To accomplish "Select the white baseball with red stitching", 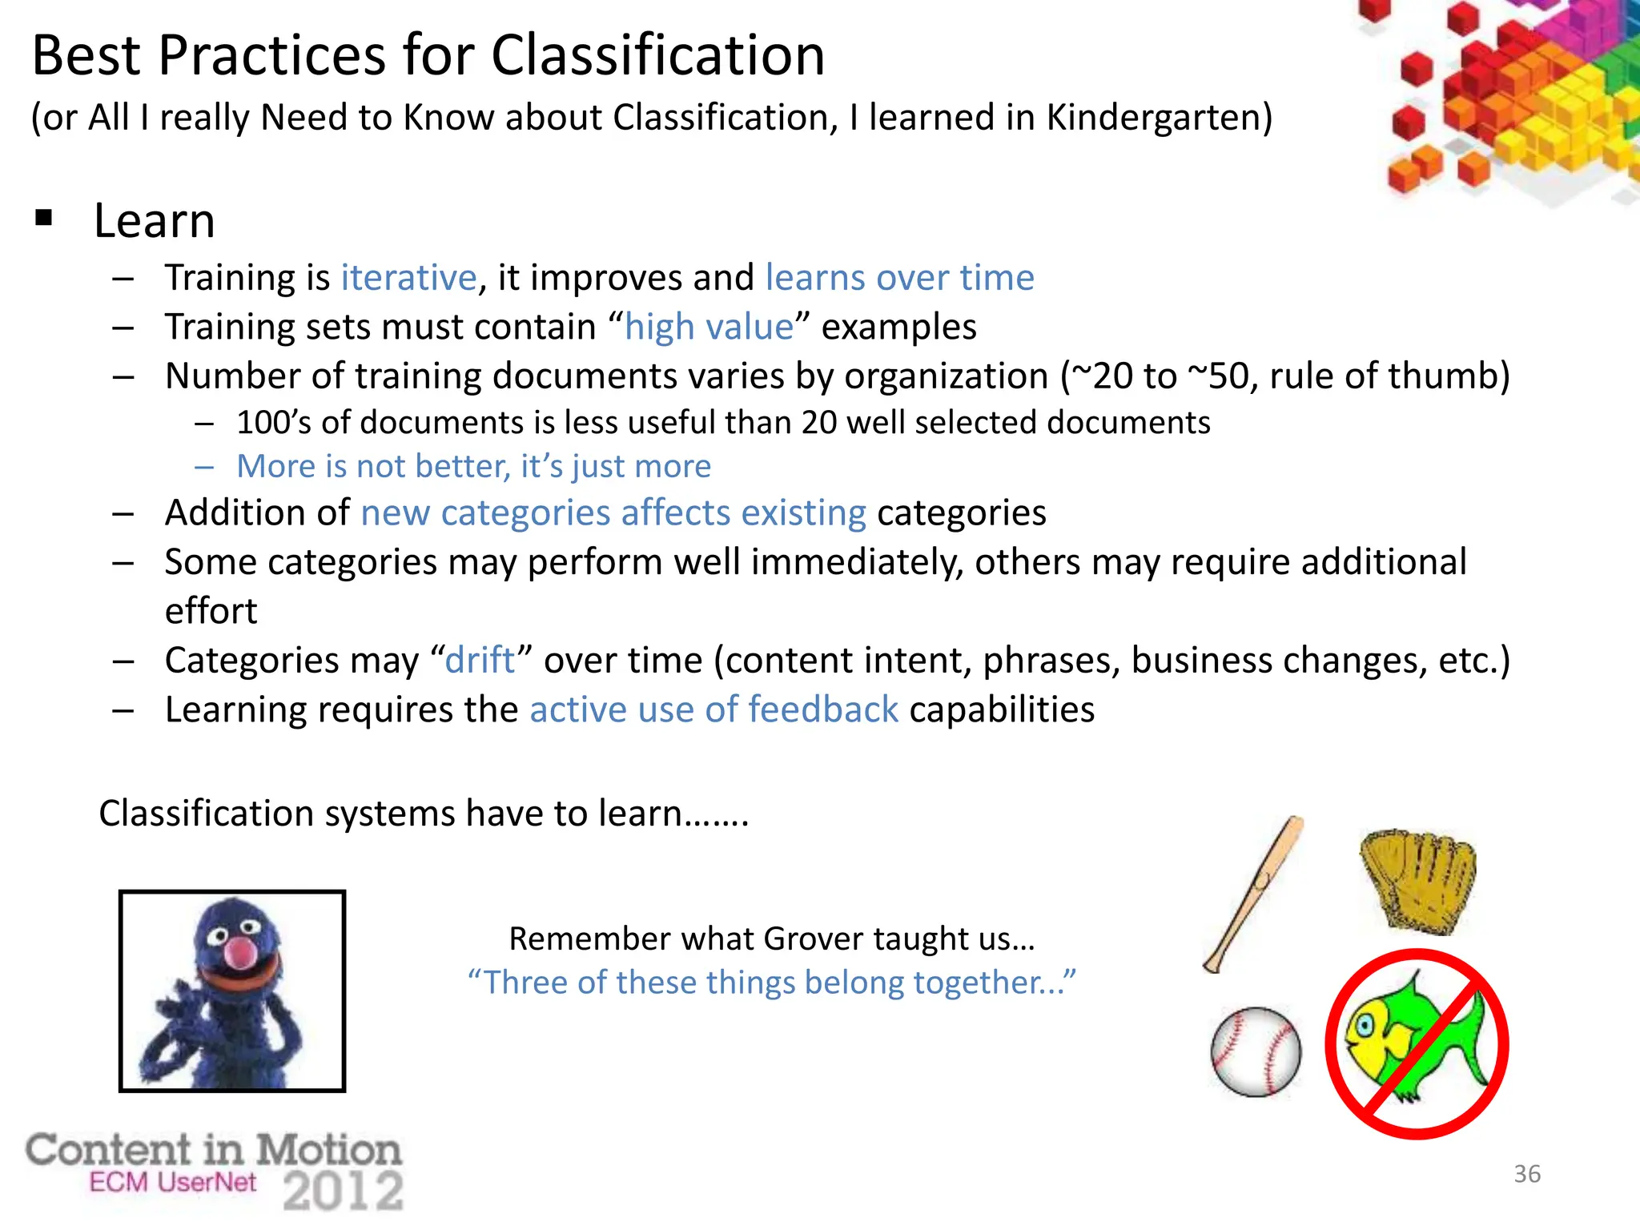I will [1256, 1051].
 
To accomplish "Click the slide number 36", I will [1526, 1174].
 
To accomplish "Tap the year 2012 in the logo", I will [344, 1192].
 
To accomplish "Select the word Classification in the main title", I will [657, 56].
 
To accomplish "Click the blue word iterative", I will [409, 278].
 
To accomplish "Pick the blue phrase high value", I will [709, 328].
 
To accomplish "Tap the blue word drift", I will [480, 661].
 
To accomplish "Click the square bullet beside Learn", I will [44, 218].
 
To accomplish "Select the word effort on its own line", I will [211, 611].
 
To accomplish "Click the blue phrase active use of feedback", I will [713, 710].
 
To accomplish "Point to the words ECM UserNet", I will [173, 1182].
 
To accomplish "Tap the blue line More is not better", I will [473, 466].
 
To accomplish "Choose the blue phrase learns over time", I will [899, 278].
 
